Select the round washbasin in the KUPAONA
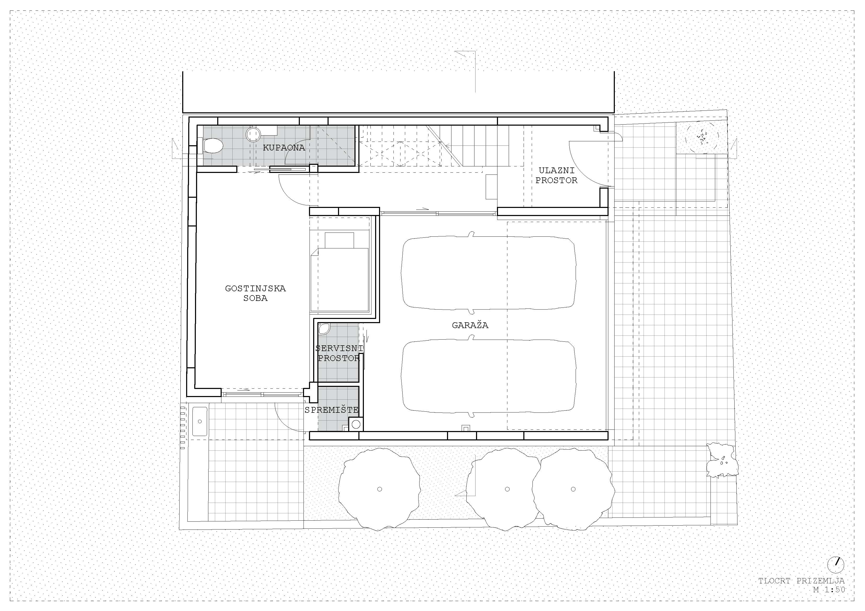[x=254, y=134]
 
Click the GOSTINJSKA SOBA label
[x=255, y=293]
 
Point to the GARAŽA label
[x=470, y=325]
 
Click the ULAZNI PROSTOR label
[x=557, y=176]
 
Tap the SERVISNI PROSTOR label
[x=339, y=353]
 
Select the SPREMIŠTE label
[x=331, y=410]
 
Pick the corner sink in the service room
[x=324, y=329]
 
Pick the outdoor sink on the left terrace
[x=200, y=421]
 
